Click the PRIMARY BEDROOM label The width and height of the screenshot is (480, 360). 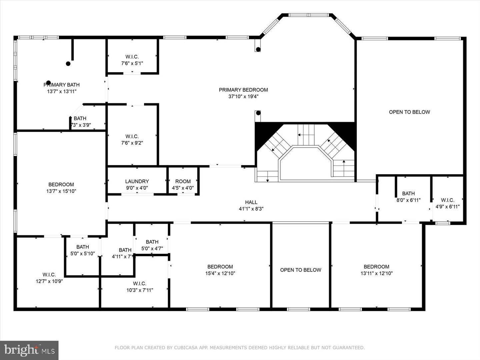pyautogui.click(x=243, y=90)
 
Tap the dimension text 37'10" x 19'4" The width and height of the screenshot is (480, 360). pyautogui.click(x=243, y=97)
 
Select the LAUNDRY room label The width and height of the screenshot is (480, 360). pyautogui.click(x=137, y=181)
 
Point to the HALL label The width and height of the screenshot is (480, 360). pyautogui.click(x=251, y=202)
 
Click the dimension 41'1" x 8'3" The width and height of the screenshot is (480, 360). pyautogui.click(x=251, y=209)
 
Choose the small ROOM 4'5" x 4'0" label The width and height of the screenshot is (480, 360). pyautogui.click(x=183, y=181)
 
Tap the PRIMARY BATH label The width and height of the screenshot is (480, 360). pyautogui.click(x=62, y=85)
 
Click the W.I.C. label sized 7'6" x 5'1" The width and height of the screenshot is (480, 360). pyautogui.click(x=132, y=57)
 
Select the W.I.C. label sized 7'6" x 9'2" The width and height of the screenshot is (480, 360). pyautogui.click(x=132, y=136)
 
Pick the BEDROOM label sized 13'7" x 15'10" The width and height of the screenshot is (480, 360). pyautogui.click(x=61, y=184)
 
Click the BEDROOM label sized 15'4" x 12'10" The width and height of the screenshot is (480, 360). pyautogui.click(x=220, y=267)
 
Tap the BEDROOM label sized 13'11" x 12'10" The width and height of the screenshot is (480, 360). pyautogui.click(x=376, y=267)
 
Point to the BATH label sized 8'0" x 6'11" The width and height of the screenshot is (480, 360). pyautogui.click(x=408, y=193)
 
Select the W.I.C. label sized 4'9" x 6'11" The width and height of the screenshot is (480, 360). pyautogui.click(x=448, y=200)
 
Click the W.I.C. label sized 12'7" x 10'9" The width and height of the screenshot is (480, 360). pyautogui.click(x=49, y=274)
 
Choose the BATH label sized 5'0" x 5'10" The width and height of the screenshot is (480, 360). pyautogui.click(x=83, y=247)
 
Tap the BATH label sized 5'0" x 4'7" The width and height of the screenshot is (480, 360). pyautogui.click(x=152, y=242)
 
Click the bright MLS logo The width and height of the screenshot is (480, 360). pyautogui.click(x=29, y=350)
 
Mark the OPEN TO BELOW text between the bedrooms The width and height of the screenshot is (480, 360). pyautogui.click(x=301, y=270)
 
